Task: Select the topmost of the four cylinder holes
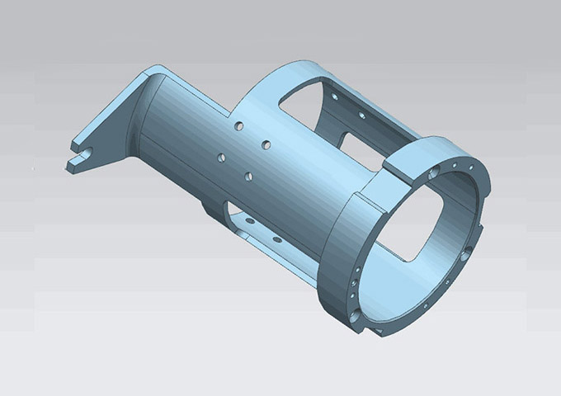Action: [238, 127]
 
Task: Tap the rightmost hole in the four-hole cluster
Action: [266, 144]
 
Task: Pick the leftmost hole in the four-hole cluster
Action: [220, 157]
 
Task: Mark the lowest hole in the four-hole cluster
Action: [247, 175]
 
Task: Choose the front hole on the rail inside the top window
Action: [361, 115]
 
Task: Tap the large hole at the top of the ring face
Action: [435, 174]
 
